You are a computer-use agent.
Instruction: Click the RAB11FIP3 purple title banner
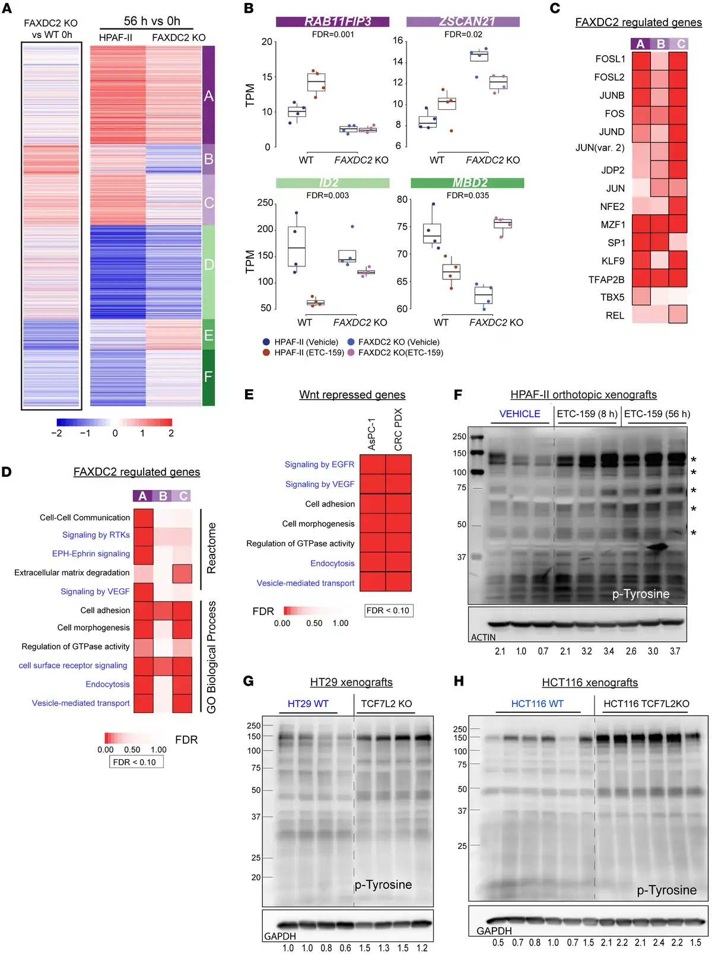(332, 21)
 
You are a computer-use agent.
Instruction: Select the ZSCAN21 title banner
(463, 21)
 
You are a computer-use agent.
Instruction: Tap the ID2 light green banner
(332, 183)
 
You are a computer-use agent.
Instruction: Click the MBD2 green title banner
(468, 183)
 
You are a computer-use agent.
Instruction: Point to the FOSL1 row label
(610, 59)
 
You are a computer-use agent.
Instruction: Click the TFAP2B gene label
(606, 279)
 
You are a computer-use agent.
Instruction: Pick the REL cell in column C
(678, 314)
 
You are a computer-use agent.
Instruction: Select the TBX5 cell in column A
(641, 296)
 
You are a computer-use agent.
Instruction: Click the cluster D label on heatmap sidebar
(209, 265)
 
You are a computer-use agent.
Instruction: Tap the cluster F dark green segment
(208, 377)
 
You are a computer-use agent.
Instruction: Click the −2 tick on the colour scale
(57, 434)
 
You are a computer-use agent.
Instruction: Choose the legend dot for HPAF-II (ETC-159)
(266, 352)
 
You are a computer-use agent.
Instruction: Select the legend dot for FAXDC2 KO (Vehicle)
(351, 342)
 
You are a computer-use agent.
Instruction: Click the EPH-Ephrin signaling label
(91, 553)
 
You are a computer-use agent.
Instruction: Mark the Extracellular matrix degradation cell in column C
(182, 574)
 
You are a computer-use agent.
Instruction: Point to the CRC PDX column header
(398, 429)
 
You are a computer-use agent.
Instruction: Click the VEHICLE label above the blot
(520, 414)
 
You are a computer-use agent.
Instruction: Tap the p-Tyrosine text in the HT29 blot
(383, 885)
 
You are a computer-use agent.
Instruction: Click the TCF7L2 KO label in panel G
(386, 703)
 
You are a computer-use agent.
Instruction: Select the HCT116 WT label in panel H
(538, 703)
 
